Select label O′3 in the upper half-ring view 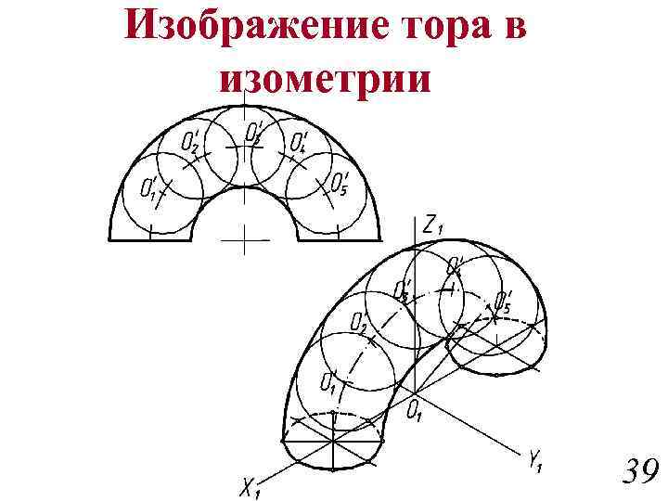(x=254, y=132)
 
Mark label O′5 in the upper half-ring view (x=340, y=184)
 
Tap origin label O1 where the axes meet (x=415, y=409)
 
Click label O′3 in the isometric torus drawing (x=403, y=289)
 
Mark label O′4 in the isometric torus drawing (x=455, y=266)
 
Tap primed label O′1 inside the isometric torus (x=328, y=380)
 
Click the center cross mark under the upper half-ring (x=244, y=239)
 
